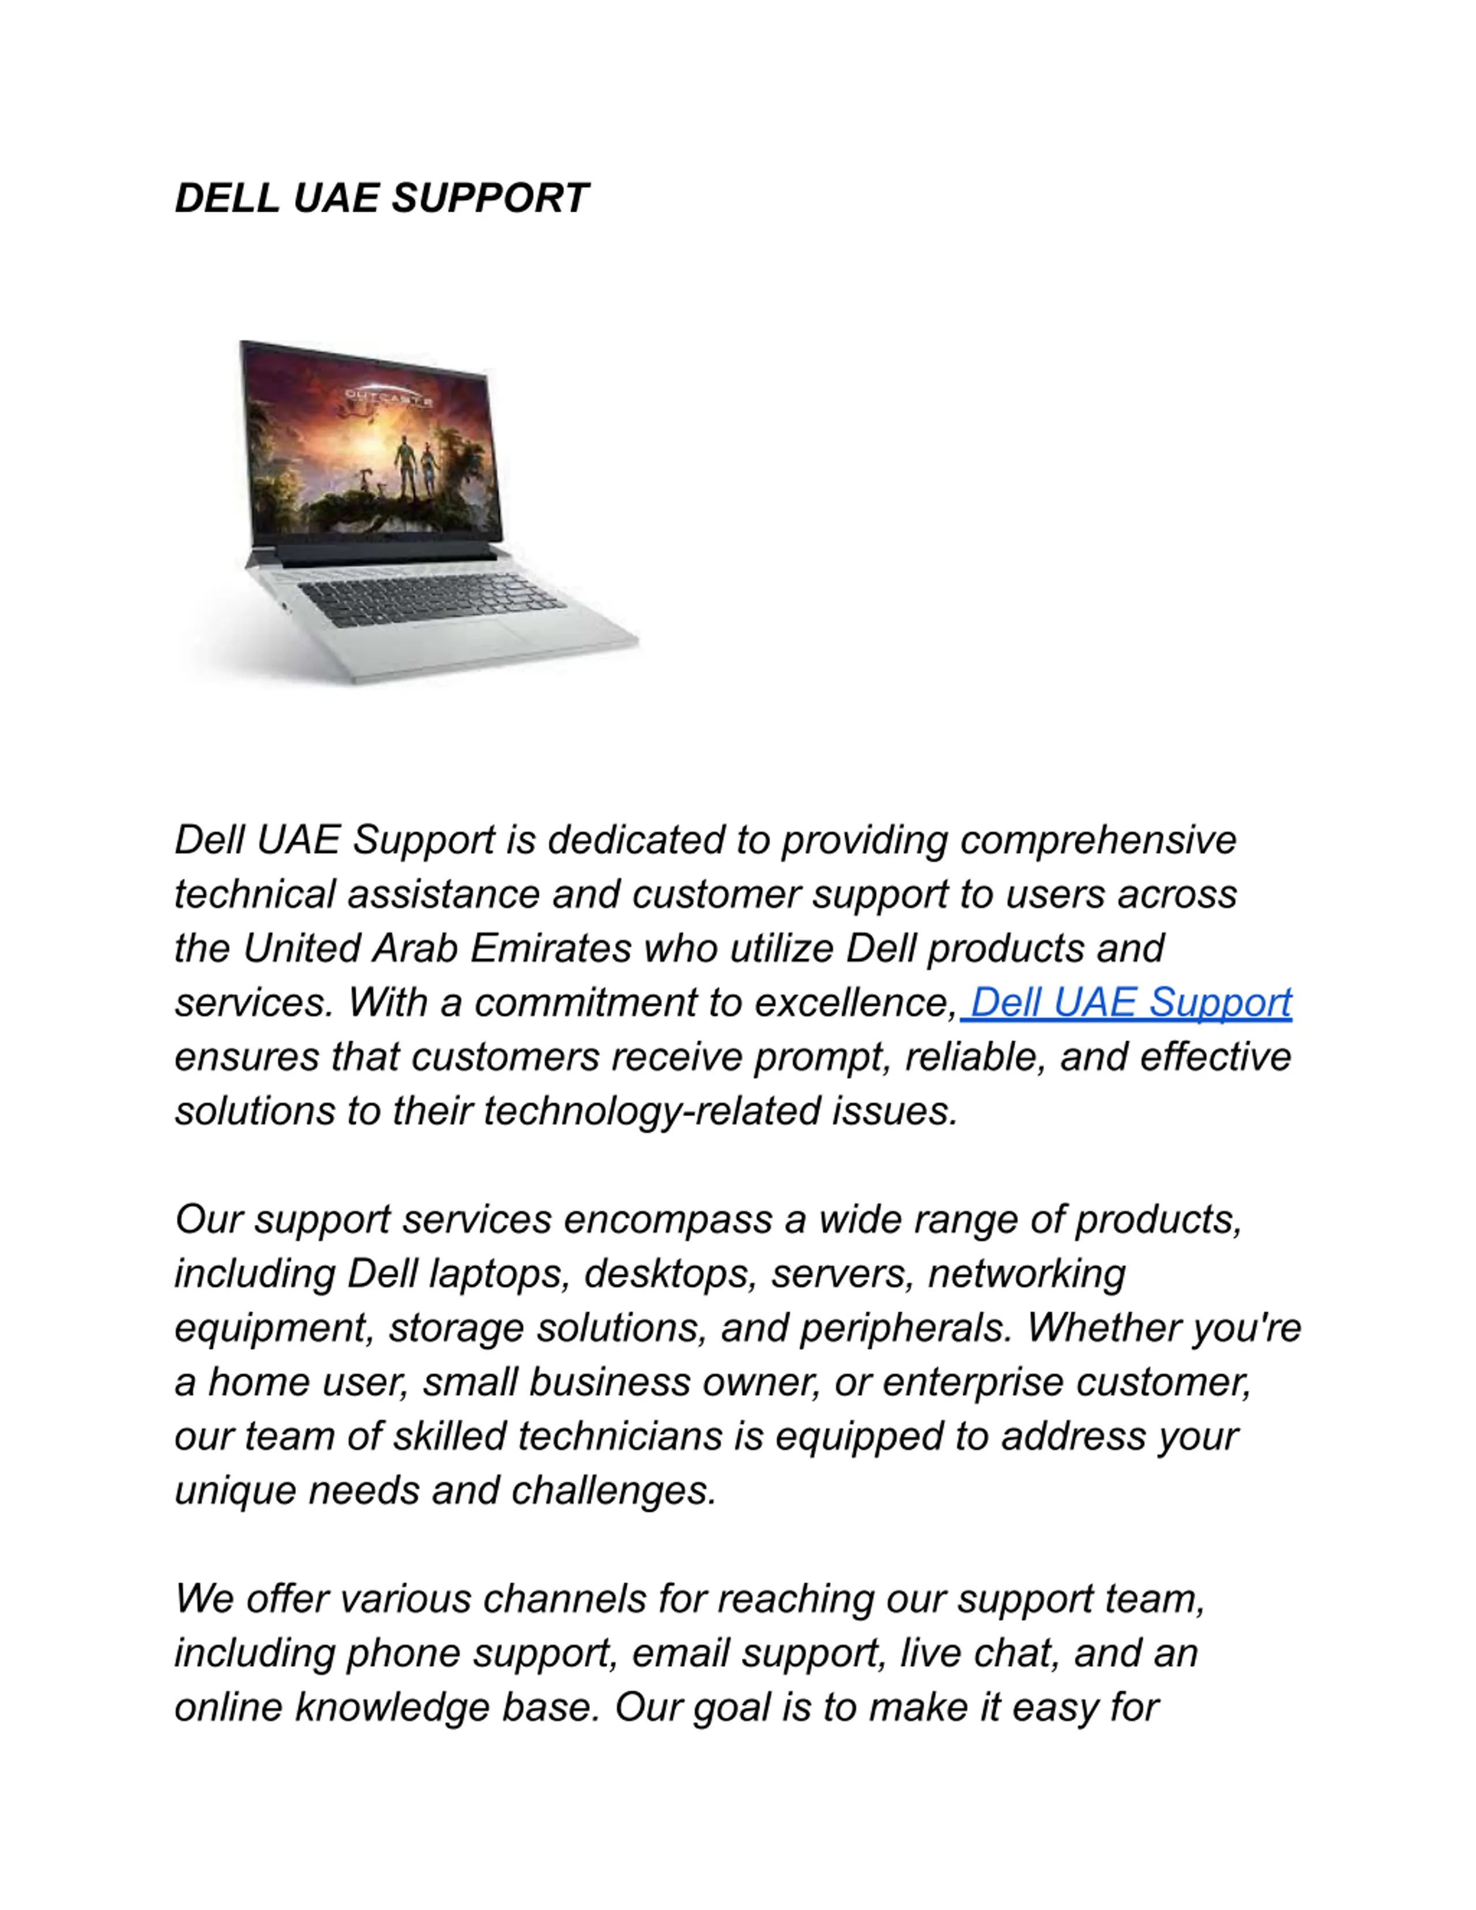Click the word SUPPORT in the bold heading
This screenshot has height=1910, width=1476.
pyautogui.click(x=490, y=198)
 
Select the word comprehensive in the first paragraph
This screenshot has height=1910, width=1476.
pyautogui.click(x=1098, y=841)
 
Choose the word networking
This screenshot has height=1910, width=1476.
pyautogui.click(x=1026, y=1274)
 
